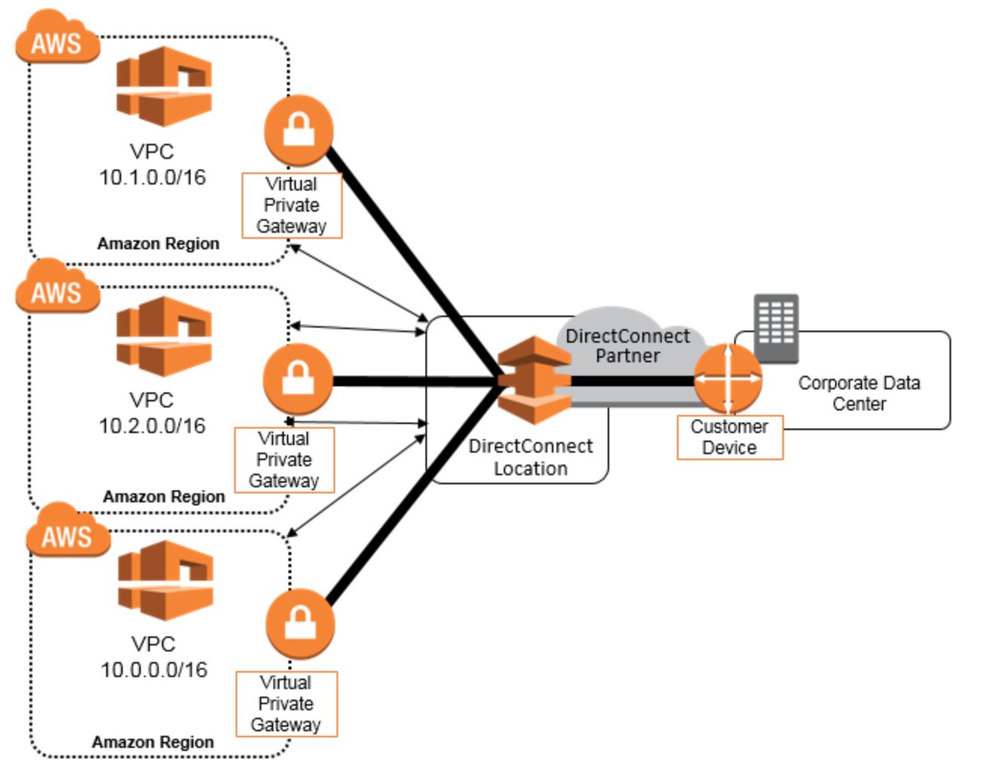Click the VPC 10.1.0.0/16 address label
tap(152, 177)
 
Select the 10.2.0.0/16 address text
tap(152, 426)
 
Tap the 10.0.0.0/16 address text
tap(154, 670)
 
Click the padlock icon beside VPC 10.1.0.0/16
tap(299, 130)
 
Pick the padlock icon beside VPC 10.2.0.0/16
tap(297, 379)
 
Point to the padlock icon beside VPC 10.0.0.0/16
tap(300, 624)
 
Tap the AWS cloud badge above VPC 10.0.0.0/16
tap(68, 533)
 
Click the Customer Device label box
tap(730, 437)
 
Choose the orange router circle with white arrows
tap(727, 379)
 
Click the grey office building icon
tap(776, 328)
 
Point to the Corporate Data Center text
tap(859, 393)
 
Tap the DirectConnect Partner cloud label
tap(627, 346)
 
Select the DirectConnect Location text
tap(530, 457)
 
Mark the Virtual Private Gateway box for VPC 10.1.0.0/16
tap(291, 205)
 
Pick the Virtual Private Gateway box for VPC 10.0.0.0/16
tap(286, 703)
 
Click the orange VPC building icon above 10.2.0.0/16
tap(164, 336)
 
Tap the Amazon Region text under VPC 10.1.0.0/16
tap(158, 243)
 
